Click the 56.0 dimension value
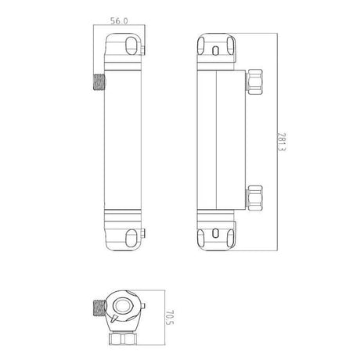(119, 21)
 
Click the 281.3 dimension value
(282, 142)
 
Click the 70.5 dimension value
(169, 317)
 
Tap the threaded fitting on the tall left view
(99, 82)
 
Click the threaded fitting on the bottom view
(99, 308)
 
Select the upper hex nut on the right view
(254, 81)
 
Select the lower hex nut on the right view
(254, 198)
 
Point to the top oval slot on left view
(131, 45)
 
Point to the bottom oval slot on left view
(131, 238)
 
